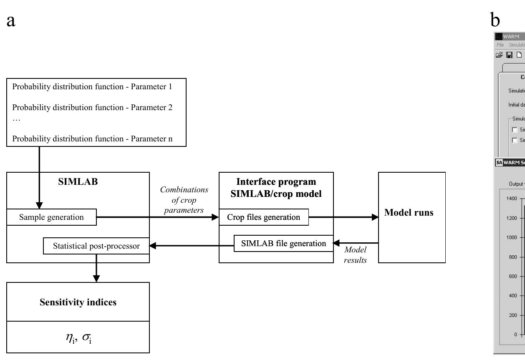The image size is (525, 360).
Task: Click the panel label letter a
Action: [x=11, y=20]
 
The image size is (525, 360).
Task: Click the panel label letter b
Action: [x=495, y=20]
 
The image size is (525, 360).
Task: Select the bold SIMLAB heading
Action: [x=78, y=181]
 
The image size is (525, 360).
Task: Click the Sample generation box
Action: [x=51, y=217]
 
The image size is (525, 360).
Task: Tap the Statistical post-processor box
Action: [x=96, y=246]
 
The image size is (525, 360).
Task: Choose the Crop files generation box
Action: [x=264, y=217]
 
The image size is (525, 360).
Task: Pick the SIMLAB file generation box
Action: [x=283, y=243]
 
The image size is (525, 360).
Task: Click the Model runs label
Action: [x=409, y=212]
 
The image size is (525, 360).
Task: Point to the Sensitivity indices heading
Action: [x=78, y=302]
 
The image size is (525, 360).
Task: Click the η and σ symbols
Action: [x=78, y=337]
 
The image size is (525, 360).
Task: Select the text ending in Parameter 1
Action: [x=92, y=87]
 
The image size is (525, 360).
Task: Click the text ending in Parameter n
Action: [x=92, y=139]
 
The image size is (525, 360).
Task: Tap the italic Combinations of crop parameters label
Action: [x=184, y=200]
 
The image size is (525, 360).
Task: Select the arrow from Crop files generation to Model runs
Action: [x=343, y=217]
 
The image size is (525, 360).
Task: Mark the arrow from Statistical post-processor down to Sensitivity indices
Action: [x=96, y=268]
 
